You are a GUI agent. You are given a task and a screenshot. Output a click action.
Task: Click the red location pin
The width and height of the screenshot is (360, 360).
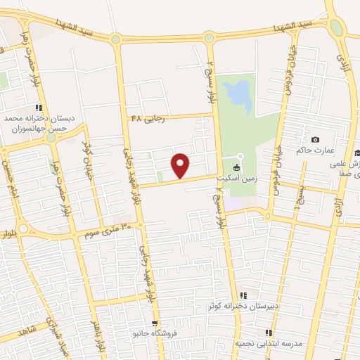pos(181,165)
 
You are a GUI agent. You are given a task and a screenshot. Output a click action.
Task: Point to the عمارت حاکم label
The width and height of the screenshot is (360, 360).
pos(333,150)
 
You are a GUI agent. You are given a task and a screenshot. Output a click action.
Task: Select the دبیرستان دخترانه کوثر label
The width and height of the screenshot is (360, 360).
pos(237,306)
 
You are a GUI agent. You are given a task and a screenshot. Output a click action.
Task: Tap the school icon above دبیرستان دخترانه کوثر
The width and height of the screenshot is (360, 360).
pos(243,295)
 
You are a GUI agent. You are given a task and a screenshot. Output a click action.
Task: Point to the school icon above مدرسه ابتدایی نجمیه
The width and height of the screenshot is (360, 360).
pos(268,332)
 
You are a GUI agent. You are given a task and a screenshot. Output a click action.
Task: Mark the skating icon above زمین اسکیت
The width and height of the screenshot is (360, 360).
pos(236,167)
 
